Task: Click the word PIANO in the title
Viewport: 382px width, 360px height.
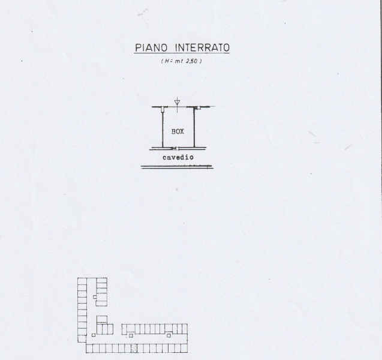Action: (152, 47)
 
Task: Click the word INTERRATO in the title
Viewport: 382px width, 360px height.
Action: (203, 47)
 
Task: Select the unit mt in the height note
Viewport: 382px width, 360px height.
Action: (178, 62)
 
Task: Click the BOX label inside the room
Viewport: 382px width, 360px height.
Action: (178, 131)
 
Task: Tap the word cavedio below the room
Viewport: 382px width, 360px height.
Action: (178, 157)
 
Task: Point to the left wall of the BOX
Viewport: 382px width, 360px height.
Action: (164, 127)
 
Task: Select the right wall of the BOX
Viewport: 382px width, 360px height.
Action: (194, 127)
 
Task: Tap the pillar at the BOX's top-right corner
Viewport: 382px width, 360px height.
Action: (195, 107)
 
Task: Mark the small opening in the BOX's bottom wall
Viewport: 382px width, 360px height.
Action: (175, 148)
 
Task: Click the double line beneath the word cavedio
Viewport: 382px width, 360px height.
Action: (177, 167)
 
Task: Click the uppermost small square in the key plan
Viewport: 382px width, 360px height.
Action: (95, 297)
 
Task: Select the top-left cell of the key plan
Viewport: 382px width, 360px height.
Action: (82, 281)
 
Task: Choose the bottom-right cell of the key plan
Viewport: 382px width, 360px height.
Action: (184, 347)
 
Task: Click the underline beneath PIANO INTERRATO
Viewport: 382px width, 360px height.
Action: (182, 54)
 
